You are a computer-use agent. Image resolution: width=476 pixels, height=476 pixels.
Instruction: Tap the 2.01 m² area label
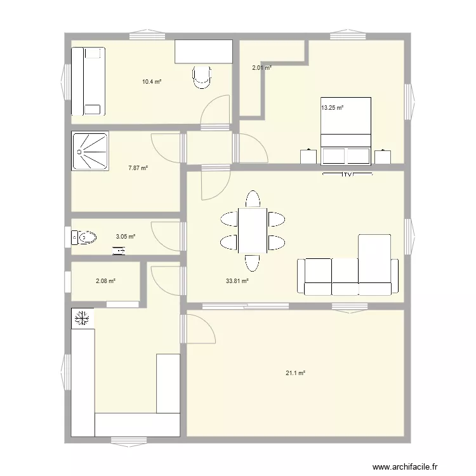coord(261,67)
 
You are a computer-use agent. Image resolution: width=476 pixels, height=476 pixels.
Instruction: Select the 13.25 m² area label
coord(332,108)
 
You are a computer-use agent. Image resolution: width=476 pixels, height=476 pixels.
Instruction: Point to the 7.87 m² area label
coord(138,168)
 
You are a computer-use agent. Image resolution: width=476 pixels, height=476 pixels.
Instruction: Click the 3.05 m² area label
coord(125,237)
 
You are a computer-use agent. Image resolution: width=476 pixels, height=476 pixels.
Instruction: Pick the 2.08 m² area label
coord(105,281)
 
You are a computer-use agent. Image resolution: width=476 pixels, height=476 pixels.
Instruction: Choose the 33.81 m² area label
coord(237,281)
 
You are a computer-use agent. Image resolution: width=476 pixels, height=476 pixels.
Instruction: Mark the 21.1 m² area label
coord(295,374)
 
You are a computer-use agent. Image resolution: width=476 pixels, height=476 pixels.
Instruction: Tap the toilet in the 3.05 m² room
coord(83,238)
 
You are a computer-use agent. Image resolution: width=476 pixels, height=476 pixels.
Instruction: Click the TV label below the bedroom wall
coord(346,175)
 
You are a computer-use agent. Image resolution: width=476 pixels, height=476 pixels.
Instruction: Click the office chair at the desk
coord(202,77)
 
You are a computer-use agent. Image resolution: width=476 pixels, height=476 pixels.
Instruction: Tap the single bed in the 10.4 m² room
coord(88,81)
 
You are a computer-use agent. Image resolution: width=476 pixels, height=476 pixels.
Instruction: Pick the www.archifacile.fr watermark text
coord(405,466)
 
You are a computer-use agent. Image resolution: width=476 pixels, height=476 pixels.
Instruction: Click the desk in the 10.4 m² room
coord(203,51)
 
